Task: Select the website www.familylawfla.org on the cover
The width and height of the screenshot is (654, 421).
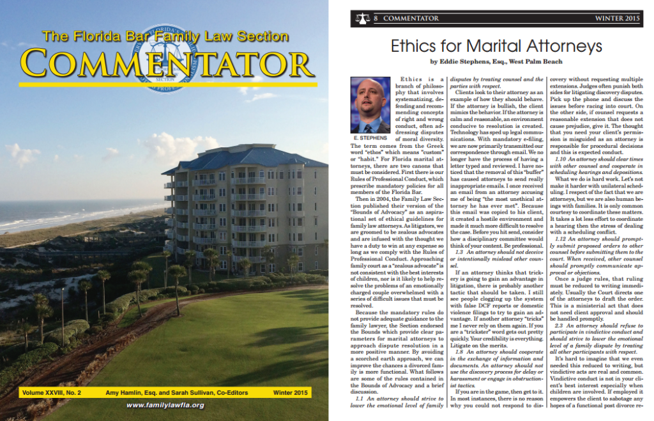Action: (x=165, y=405)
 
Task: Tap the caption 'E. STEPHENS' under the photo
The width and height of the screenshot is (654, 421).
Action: (x=370, y=138)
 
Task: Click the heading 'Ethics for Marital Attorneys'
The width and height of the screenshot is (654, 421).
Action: (x=496, y=46)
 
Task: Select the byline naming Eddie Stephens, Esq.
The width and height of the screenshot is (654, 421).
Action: (x=496, y=62)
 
